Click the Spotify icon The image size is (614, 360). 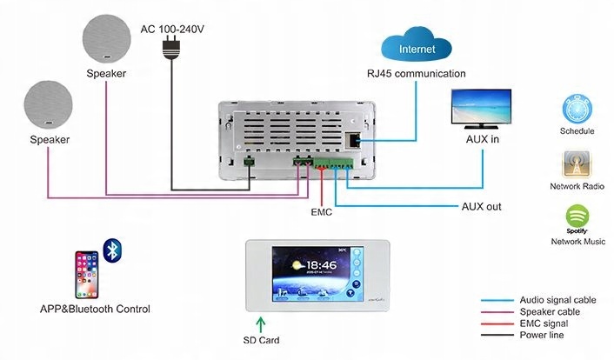click(x=577, y=216)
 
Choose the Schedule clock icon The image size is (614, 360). click(x=577, y=109)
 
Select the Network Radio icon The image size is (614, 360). click(x=577, y=163)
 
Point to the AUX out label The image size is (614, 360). click(x=480, y=207)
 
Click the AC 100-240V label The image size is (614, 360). click(x=174, y=28)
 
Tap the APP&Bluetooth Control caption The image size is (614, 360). click(x=95, y=309)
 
